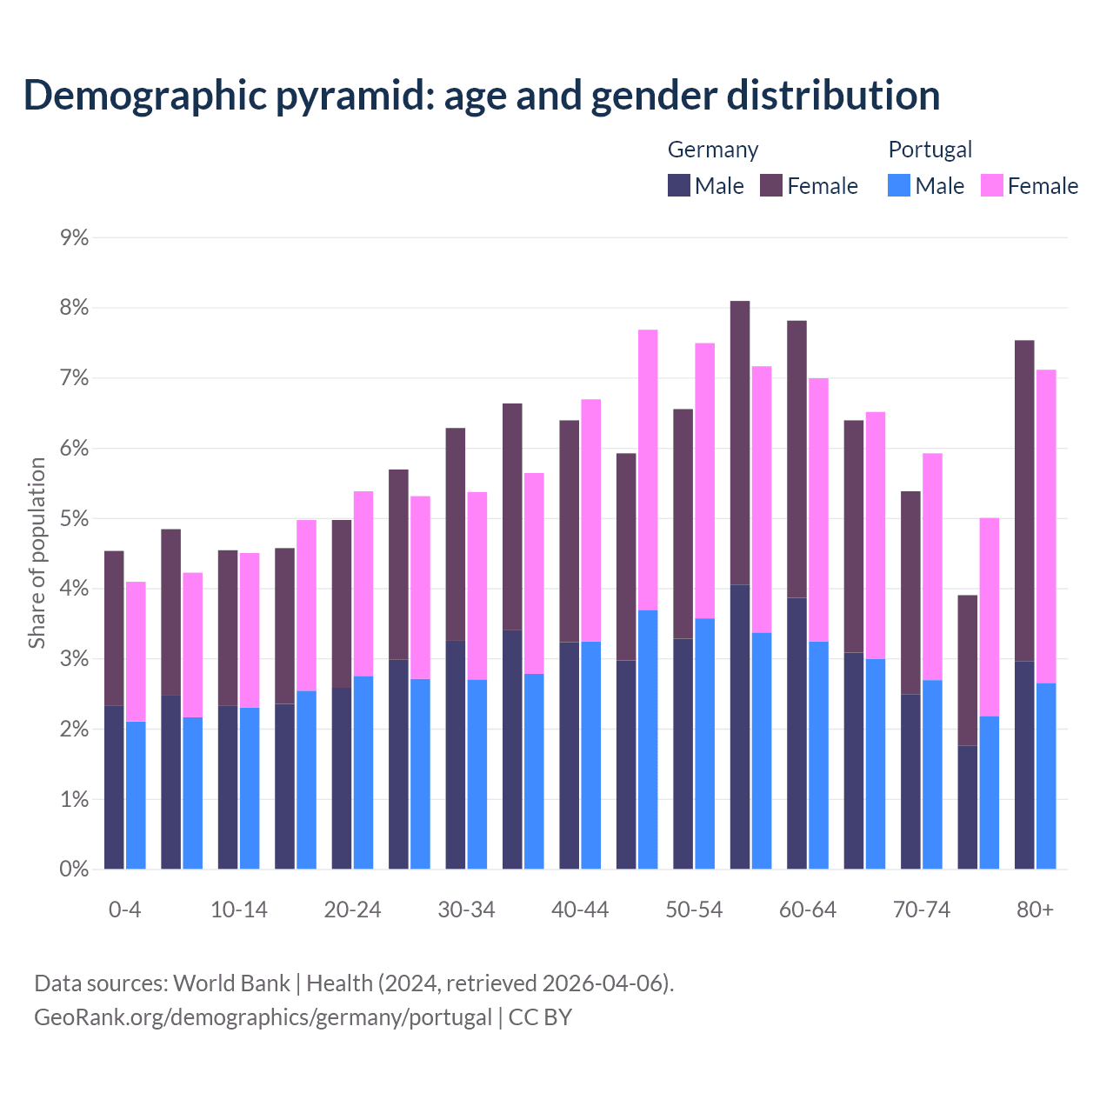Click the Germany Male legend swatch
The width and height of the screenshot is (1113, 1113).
coord(679,185)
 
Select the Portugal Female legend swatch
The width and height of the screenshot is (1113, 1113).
coord(992,185)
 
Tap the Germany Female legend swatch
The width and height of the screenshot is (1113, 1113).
coord(771,185)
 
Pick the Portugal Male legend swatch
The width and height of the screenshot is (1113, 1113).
coord(899,185)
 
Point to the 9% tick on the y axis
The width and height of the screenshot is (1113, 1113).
coord(75,238)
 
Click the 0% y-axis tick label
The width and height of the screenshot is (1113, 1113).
coord(75,869)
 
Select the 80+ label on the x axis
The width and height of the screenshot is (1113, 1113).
coord(1035,910)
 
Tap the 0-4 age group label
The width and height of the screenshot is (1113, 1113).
coord(124,910)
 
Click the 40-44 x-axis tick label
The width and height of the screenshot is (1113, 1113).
coord(580,910)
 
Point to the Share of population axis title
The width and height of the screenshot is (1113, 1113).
coord(37,553)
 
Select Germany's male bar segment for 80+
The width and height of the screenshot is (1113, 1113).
coord(1024,765)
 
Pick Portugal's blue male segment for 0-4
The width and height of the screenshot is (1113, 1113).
coord(136,795)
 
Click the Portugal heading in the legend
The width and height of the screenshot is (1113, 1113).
coord(930,150)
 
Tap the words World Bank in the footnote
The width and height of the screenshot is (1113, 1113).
coord(231,983)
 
